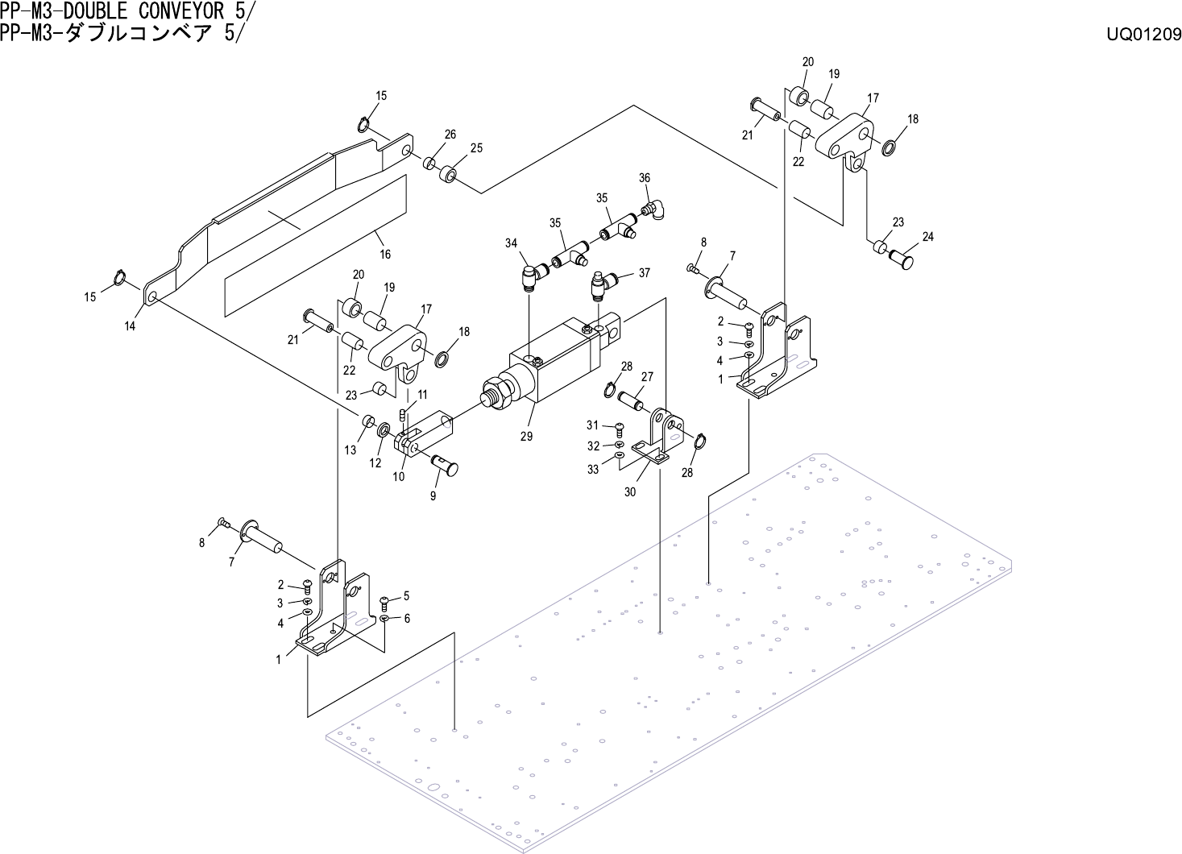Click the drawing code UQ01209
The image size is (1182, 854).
coord(1143,35)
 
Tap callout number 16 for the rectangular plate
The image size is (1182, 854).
coord(385,254)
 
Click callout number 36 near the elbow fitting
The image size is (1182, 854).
coord(645,178)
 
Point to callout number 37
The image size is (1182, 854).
coord(644,273)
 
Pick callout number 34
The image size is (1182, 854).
coord(512,243)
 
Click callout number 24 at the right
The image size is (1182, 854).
coord(927,237)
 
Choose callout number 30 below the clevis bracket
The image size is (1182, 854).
coord(630,491)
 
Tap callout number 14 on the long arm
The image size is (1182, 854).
coord(130,326)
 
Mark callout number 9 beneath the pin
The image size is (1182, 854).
coord(433,495)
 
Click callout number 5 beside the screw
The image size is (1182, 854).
coord(406,595)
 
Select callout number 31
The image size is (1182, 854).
coord(593,425)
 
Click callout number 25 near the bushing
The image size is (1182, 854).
coord(476,147)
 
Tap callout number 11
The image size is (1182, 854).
coord(422,394)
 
